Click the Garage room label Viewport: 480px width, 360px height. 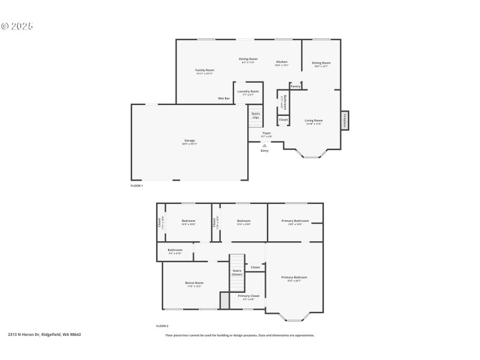click(x=190, y=140)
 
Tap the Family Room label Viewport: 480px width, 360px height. click(x=205, y=70)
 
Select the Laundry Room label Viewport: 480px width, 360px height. click(x=248, y=91)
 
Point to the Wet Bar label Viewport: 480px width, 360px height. click(x=224, y=98)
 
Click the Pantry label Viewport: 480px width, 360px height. click(x=296, y=86)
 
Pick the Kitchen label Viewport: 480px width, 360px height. click(x=281, y=62)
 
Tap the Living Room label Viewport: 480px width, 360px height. click(x=314, y=121)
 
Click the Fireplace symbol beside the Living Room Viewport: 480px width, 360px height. click(x=345, y=120)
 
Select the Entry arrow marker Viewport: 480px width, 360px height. click(x=265, y=145)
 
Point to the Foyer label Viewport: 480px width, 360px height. click(x=266, y=133)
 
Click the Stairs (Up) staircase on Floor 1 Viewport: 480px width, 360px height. click(x=256, y=115)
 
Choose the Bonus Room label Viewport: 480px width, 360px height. click(x=194, y=283)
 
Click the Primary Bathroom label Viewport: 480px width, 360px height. click(x=295, y=221)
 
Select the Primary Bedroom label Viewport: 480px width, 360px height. click(x=294, y=277)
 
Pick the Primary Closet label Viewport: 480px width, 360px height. click(x=248, y=296)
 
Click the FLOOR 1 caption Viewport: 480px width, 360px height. click(x=137, y=186)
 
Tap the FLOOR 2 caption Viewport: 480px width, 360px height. click(x=162, y=326)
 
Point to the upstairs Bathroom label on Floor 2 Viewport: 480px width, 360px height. click(x=175, y=250)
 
